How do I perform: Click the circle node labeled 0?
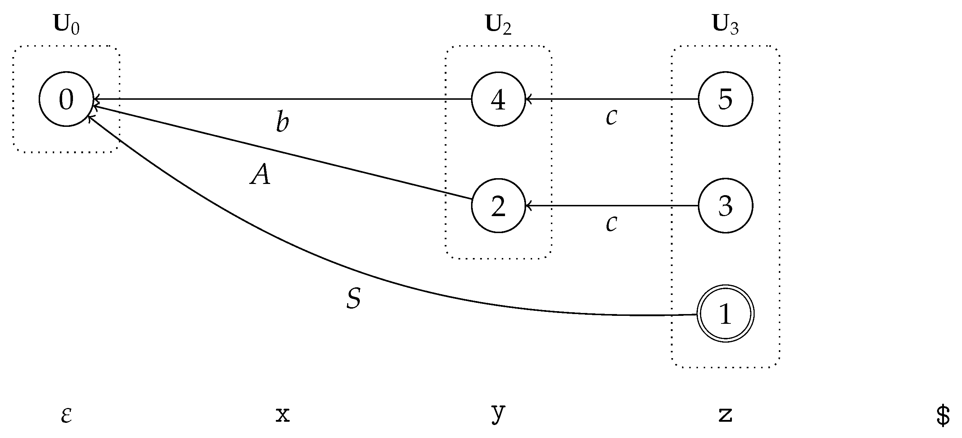(66, 99)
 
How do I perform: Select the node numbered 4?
(498, 99)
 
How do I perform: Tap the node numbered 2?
(498, 206)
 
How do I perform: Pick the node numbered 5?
(725, 99)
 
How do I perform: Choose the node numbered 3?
(725, 206)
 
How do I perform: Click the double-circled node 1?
(725, 313)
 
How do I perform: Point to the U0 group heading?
(66, 25)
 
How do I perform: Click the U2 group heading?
(498, 25)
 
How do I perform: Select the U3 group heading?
(725, 25)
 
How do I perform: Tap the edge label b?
(282, 121)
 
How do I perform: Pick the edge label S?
(353, 299)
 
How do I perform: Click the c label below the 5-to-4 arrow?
(611, 117)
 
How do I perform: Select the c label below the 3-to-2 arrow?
(611, 223)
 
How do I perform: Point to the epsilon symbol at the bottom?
(66, 415)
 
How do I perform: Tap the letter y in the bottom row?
(498, 413)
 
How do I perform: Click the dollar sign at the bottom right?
(943, 415)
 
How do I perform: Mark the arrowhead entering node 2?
(528, 206)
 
